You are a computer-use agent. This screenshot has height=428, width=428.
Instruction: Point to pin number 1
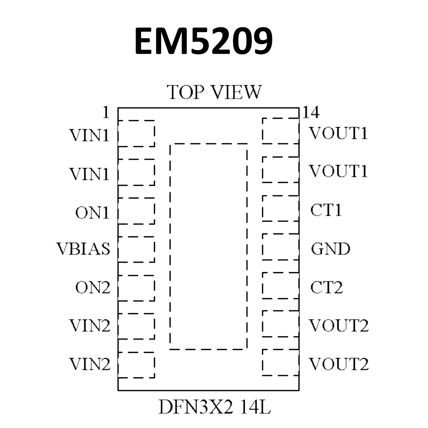105,113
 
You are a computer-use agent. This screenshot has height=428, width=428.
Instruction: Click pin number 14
311,112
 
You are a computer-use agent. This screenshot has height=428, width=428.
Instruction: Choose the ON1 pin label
92,213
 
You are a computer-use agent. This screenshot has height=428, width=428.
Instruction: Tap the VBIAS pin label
83,249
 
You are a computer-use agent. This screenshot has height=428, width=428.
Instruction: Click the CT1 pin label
326,210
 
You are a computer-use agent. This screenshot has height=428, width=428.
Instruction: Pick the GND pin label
330,249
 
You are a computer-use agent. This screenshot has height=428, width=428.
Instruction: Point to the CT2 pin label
327,287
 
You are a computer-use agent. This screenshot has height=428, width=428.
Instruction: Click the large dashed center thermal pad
208,246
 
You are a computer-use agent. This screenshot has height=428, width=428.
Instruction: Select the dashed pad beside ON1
136,211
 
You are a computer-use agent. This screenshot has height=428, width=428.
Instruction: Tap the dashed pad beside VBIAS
136,249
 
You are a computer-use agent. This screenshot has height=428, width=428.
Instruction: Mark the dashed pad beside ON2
136,288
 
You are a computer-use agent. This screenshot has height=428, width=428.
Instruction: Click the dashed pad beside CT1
281,208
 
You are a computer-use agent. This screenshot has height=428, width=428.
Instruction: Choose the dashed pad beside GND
281,247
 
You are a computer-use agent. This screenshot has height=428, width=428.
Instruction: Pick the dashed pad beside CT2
281,285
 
